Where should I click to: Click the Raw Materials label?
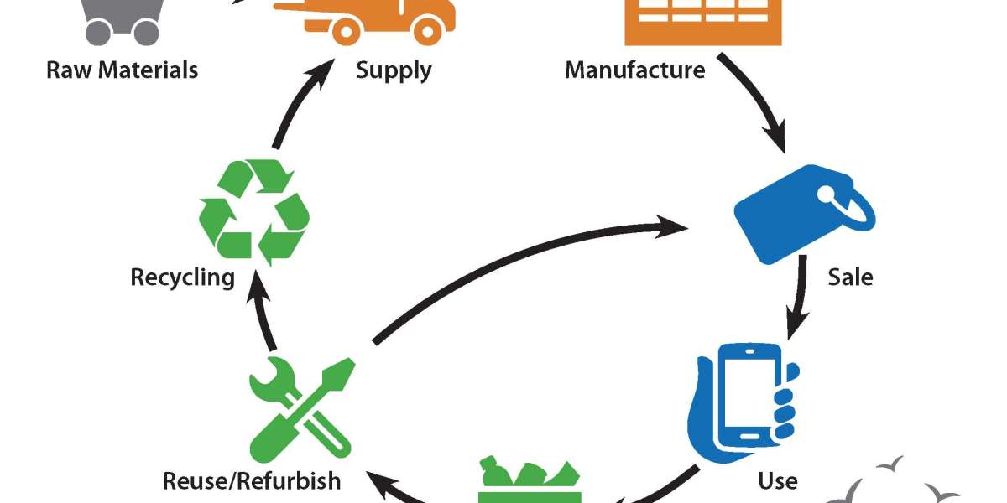[123, 69]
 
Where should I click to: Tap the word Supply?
[394, 69]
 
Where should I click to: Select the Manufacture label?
[634, 69]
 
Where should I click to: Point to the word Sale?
[850, 277]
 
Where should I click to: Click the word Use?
[777, 480]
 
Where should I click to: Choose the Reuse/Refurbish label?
[253, 480]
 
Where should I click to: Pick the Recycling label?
[182, 277]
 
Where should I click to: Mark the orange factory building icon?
[703, 21]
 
